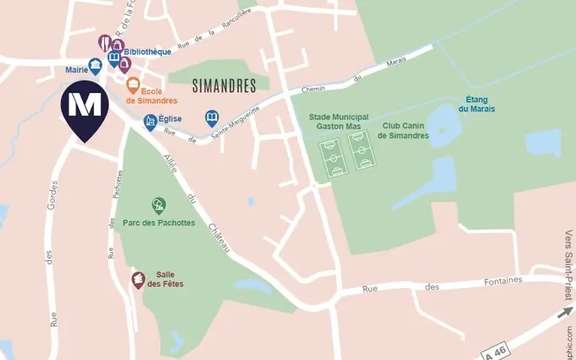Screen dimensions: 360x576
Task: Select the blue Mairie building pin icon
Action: [x=95, y=64]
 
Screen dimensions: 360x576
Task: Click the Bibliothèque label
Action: [x=147, y=52]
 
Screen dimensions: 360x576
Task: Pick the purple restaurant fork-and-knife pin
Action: [x=105, y=42]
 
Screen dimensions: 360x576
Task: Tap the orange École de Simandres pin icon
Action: [x=133, y=84]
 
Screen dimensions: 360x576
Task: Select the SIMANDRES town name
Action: [x=224, y=86]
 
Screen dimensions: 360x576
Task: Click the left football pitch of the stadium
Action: [x=334, y=158]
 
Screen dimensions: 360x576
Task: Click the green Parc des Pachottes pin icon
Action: [x=158, y=204]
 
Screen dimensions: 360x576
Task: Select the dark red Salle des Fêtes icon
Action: [x=136, y=280]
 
